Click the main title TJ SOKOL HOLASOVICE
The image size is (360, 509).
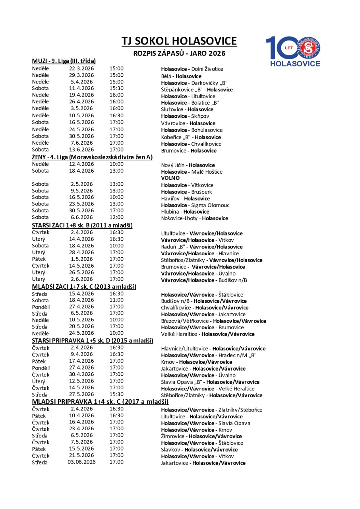[179, 41]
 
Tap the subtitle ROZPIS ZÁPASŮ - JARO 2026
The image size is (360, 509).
[179, 53]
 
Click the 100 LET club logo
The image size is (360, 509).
[293, 51]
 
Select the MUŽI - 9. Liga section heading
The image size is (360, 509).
[64, 61]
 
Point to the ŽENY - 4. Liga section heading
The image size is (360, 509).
[92, 157]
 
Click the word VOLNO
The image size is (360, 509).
[170, 178]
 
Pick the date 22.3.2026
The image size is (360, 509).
[81, 68]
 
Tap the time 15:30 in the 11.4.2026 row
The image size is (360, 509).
[116, 88]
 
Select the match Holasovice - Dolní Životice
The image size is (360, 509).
[192, 69]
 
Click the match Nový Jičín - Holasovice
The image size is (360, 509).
[188, 165]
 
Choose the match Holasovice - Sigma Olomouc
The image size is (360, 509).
[195, 205]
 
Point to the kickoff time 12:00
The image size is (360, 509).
[116, 217]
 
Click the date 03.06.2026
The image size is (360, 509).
[81, 462]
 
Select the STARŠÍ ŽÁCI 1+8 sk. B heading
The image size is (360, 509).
[82, 225]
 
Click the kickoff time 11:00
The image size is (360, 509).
[116, 300]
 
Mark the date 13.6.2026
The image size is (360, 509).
[81, 150]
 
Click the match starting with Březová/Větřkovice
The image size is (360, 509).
[213, 321]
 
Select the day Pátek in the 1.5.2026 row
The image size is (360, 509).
[39, 259]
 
